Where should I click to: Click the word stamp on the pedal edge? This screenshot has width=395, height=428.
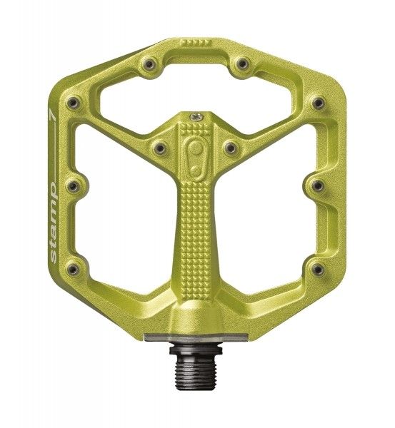pyautogui.click(x=54, y=223)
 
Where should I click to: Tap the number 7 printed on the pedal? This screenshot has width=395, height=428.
pyautogui.click(x=51, y=115)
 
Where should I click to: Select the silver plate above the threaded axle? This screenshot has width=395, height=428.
pyautogui.click(x=196, y=337)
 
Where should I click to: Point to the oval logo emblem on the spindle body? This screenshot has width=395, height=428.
pyautogui.click(x=195, y=158)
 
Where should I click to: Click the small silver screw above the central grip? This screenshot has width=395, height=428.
pyautogui.click(x=197, y=118)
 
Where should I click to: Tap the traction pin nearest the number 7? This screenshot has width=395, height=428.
pyautogui.click(x=74, y=103)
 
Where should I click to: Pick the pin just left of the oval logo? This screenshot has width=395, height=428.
pyautogui.click(x=159, y=148)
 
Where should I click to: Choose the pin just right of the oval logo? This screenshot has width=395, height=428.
pyautogui.click(x=231, y=148)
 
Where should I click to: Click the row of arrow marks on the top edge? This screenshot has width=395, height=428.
pyautogui.click(x=196, y=43)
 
